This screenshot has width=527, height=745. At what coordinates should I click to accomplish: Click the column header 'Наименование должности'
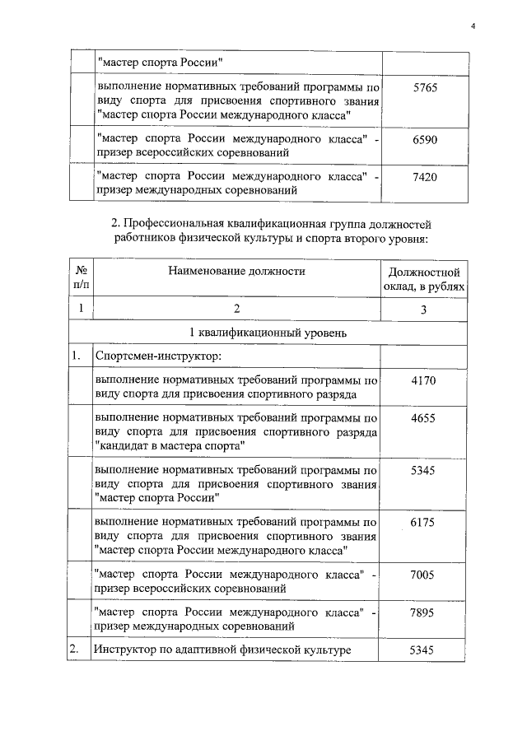(236, 270)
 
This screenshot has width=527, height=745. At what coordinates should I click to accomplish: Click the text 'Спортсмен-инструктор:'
(154, 356)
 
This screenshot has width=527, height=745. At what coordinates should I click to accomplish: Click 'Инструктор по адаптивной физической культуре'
(223, 650)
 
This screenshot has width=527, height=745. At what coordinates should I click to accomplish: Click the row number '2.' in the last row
(76, 650)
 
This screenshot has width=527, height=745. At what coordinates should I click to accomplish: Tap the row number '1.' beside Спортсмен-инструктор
(76, 356)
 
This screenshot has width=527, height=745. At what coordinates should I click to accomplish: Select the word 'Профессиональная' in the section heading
(169, 224)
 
